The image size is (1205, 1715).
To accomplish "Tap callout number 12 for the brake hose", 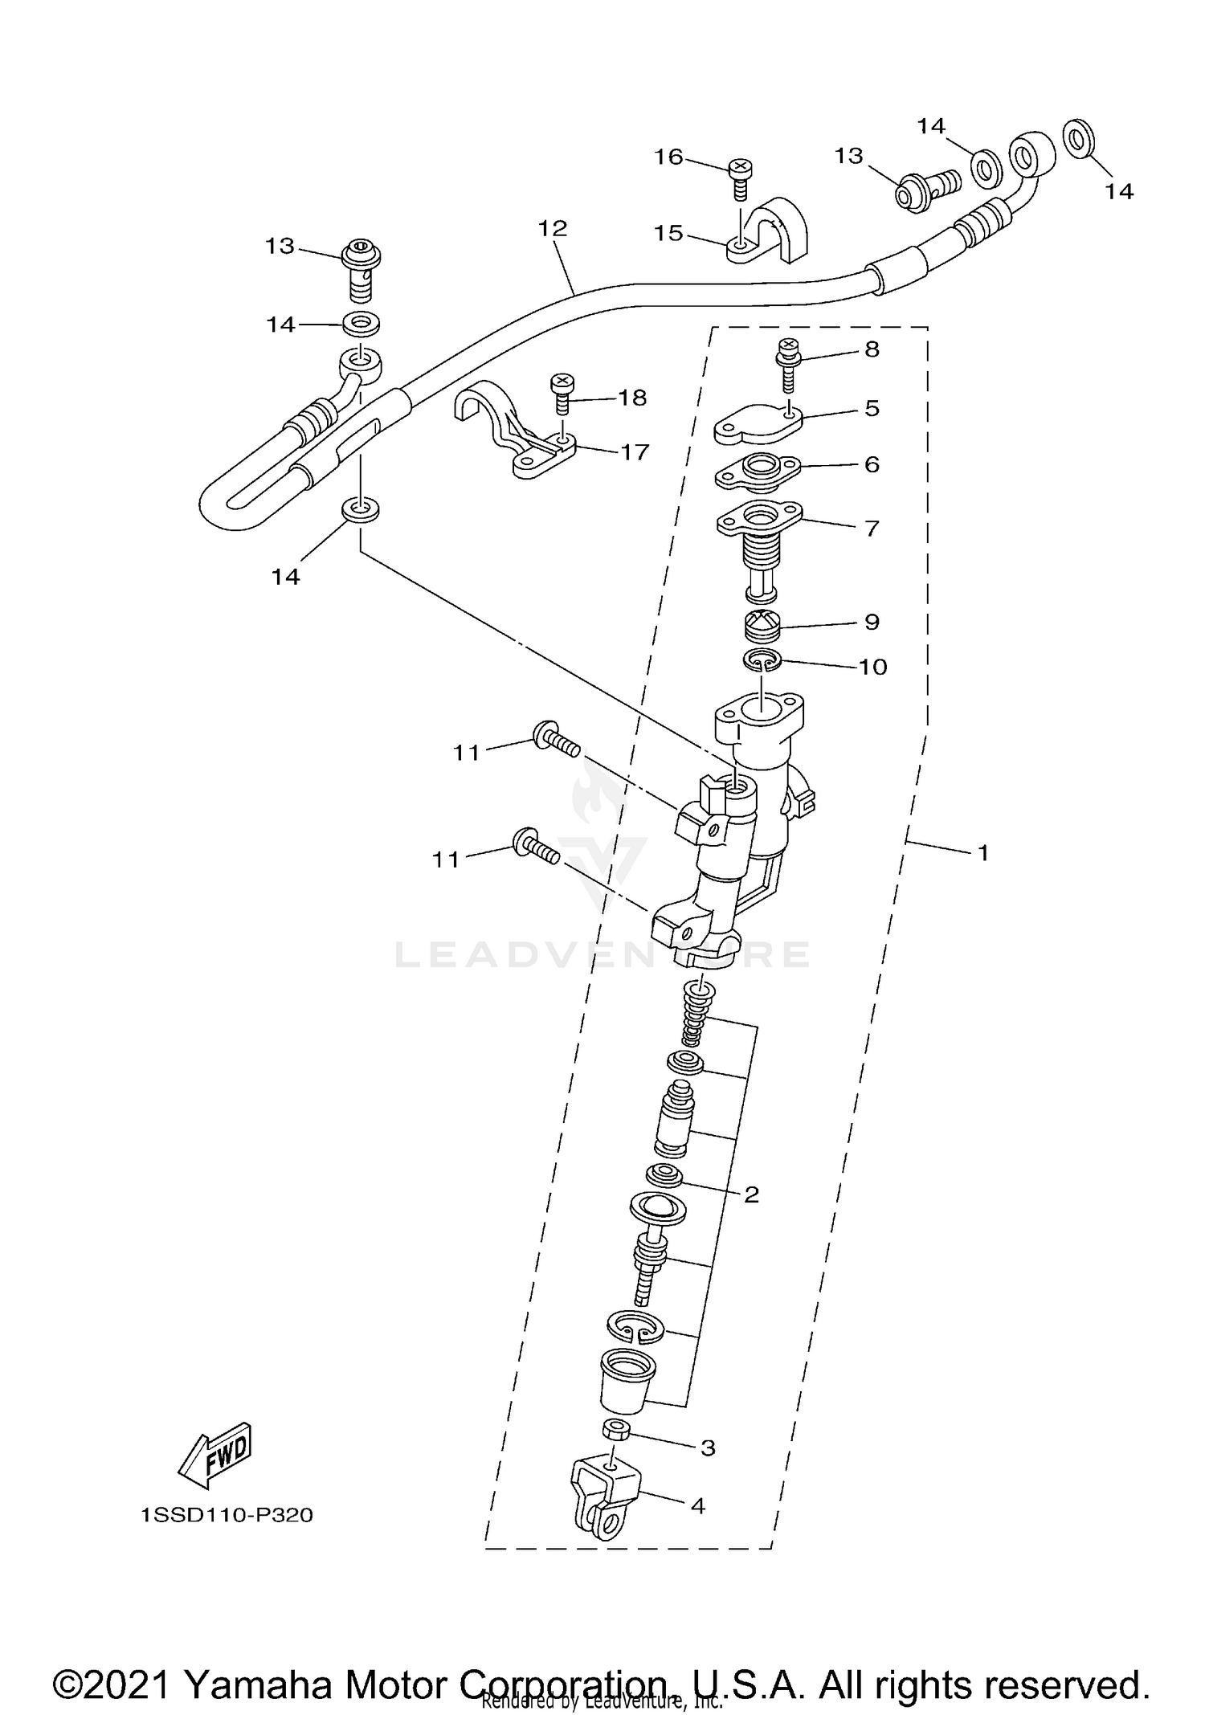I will [x=553, y=228].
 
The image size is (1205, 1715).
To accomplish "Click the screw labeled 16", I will [x=739, y=178].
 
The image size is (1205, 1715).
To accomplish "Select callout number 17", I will [x=635, y=452].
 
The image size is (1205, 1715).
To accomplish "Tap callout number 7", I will [x=872, y=529].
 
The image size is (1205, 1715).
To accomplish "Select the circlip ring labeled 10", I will [x=761, y=660].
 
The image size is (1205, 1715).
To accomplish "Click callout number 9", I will [x=872, y=622].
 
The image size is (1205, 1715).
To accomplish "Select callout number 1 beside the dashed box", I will [x=982, y=853].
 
